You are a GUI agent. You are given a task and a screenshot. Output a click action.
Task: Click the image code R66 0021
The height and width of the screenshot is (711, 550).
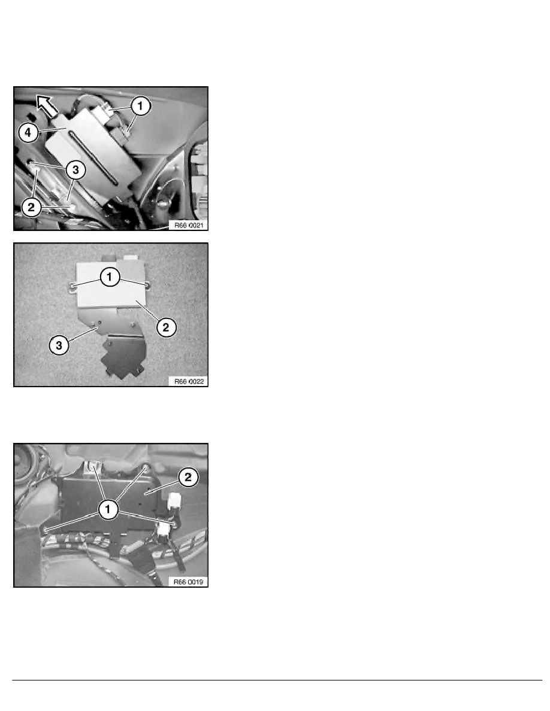[188, 225]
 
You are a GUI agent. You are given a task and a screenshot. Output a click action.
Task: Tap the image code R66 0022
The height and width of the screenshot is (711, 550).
[188, 381]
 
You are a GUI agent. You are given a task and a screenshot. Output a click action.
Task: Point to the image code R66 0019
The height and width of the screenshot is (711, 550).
[188, 581]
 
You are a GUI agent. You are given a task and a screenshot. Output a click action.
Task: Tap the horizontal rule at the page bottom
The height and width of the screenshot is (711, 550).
[275, 679]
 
